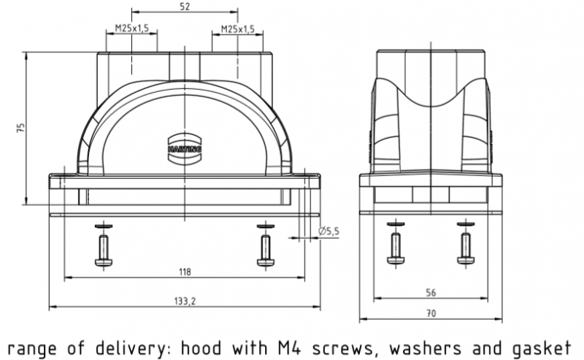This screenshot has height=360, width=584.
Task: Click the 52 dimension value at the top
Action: pos(185,7)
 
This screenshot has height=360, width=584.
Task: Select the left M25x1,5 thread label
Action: pos(132,29)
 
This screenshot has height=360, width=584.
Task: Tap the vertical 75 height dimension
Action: pos(21,128)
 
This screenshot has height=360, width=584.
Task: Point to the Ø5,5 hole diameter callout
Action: pos(330,231)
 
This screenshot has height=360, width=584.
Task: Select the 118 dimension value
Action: pos(184,272)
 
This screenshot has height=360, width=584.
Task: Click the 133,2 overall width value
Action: pos(184,301)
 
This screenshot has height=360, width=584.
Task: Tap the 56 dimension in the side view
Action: pos(431,292)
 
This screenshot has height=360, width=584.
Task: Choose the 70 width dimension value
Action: pos(431,314)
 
